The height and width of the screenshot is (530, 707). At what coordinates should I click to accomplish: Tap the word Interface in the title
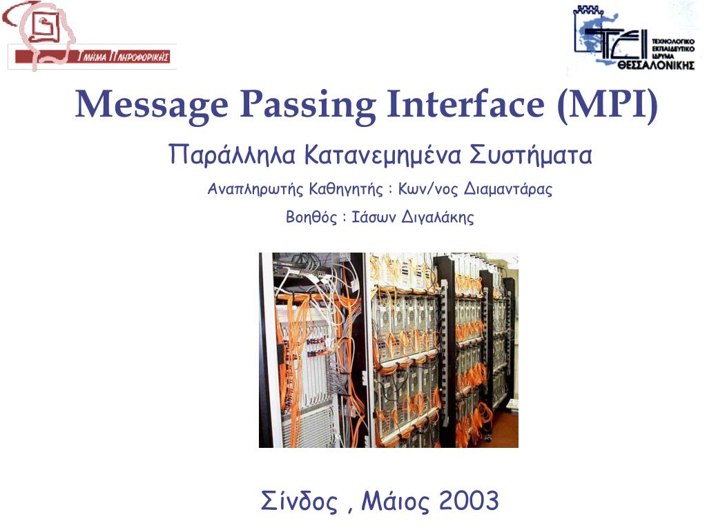[466, 104]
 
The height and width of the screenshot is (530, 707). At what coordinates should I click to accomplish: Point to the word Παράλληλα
[232, 155]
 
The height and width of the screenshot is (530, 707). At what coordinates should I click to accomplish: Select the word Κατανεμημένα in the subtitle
[382, 155]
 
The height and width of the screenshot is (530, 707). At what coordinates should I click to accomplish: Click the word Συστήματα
[531, 155]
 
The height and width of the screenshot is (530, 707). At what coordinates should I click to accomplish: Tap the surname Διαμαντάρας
[508, 188]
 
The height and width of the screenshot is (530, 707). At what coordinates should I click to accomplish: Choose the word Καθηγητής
[346, 188]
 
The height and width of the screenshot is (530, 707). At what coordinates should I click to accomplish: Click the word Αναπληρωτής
[255, 189]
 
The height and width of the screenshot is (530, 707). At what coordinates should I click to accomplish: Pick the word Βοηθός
[311, 217]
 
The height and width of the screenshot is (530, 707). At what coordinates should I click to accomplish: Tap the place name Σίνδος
[299, 501]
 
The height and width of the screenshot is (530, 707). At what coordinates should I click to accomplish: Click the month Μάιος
[396, 501]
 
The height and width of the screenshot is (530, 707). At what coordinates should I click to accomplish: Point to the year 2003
[469, 500]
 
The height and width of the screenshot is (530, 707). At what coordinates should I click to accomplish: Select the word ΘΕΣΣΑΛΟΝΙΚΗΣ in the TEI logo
[656, 66]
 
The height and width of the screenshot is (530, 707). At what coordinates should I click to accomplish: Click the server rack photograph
[389, 350]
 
